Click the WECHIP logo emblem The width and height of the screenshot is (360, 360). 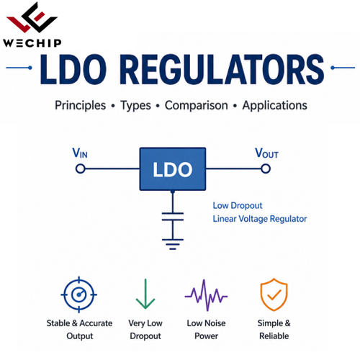point(32,17)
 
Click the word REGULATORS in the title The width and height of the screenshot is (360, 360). point(222,69)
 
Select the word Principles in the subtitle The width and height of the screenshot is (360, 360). point(80,105)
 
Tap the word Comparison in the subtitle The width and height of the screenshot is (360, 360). point(197,105)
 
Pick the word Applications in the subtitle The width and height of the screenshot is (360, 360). point(275,105)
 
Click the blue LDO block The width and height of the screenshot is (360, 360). point(173,169)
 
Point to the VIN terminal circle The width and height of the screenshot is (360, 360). point(81,168)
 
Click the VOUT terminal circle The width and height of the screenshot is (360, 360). point(266,168)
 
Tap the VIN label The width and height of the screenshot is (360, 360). point(80,153)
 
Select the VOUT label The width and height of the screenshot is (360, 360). point(266,153)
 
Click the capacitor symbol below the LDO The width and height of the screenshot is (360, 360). point(173,217)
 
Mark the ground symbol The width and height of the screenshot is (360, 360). point(173,244)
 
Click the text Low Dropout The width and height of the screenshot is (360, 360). point(238,206)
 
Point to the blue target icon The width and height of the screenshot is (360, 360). point(79,294)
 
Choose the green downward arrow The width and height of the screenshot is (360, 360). point(145,294)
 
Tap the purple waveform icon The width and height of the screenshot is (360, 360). point(206,295)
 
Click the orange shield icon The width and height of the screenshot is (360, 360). point(274,294)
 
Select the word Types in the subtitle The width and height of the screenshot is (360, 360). point(136,105)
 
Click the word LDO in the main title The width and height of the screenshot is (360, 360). point(73,69)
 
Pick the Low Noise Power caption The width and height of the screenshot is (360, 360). point(206,330)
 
